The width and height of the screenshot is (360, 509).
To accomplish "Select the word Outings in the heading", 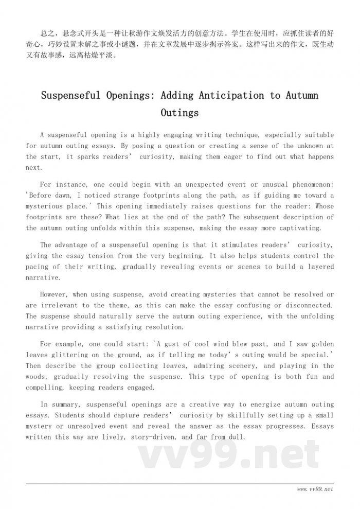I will [x=179, y=112].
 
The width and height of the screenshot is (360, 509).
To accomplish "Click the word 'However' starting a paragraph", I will [x=55, y=294].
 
